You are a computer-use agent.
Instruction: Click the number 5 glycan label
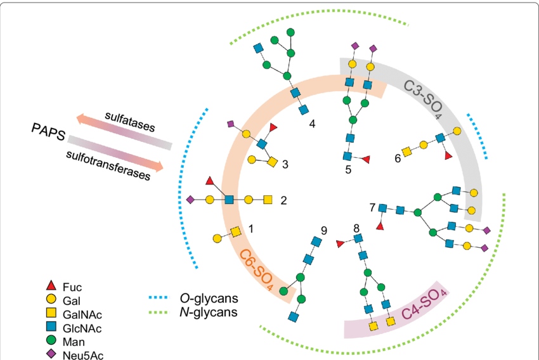click(x=348, y=170)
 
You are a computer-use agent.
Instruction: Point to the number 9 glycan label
click(x=323, y=229)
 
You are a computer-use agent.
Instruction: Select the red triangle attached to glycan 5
click(x=365, y=159)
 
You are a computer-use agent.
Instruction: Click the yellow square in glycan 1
click(x=235, y=232)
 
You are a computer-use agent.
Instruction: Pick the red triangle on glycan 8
click(x=340, y=244)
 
